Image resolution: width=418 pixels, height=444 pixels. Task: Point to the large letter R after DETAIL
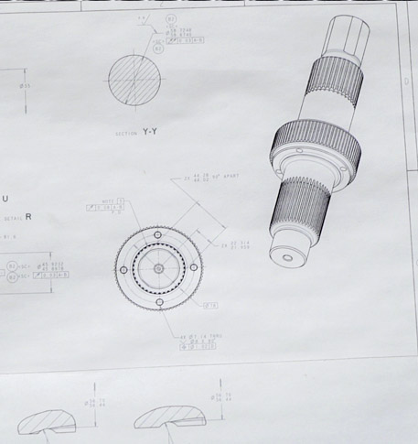click(x=28, y=217)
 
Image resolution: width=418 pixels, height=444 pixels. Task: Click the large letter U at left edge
click(x=5, y=199)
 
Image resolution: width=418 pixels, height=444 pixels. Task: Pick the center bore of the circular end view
click(x=159, y=268)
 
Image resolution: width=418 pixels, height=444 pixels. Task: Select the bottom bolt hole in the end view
click(x=159, y=303)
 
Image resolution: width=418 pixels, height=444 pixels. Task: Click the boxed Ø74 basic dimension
click(x=209, y=304)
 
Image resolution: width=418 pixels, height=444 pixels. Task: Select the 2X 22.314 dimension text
click(x=232, y=245)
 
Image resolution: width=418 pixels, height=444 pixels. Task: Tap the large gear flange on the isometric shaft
click(x=311, y=146)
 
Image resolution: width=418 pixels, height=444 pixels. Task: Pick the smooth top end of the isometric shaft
click(x=355, y=32)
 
